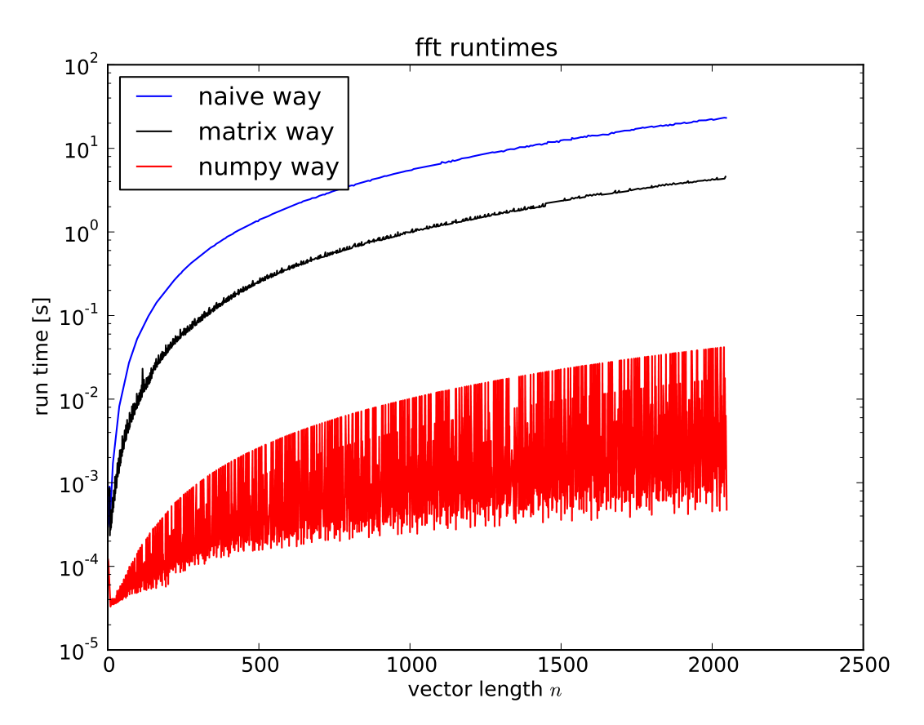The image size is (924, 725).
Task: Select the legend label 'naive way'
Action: pyautogui.click(x=260, y=97)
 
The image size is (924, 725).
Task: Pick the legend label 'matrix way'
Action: pyautogui.click(x=266, y=131)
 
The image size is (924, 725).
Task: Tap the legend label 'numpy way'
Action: pyautogui.click(x=268, y=167)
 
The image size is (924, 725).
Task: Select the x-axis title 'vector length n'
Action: pyautogui.click(x=486, y=690)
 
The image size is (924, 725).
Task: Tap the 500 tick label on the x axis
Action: pyautogui.click(x=259, y=665)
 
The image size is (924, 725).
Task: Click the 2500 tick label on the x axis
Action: pyautogui.click(x=863, y=665)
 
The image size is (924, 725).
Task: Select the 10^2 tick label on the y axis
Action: pyautogui.click(x=81, y=67)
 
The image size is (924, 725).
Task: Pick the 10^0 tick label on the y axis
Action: pyautogui.click(x=81, y=234)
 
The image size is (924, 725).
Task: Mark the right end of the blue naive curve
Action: pyautogui.click(x=726, y=118)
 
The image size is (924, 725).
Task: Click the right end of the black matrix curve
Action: pyautogui.click(x=726, y=176)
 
